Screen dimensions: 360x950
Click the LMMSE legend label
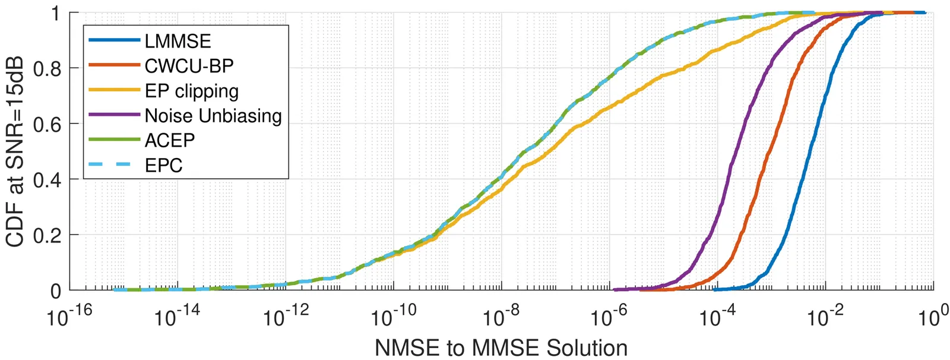tap(178, 41)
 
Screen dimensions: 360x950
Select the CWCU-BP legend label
tap(189, 66)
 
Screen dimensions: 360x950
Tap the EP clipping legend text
tap(191, 91)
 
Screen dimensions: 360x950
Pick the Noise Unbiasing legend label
tap(213, 115)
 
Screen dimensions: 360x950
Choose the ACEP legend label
tap(169, 140)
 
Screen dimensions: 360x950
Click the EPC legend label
tap(163, 165)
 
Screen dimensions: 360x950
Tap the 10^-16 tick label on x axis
tap(70, 317)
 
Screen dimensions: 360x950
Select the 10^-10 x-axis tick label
tap(394, 317)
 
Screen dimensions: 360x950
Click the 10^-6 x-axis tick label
tap(610, 317)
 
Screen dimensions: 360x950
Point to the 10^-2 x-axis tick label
tap(826, 317)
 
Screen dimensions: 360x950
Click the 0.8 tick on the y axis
tap(47, 68)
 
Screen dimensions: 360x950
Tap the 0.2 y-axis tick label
tap(47, 235)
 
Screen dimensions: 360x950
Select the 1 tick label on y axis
tap(56, 13)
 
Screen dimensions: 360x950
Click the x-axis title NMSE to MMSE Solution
tap(501, 348)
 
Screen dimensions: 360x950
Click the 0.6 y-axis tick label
tap(47, 124)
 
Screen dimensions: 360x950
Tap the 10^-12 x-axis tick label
tap(286, 317)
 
